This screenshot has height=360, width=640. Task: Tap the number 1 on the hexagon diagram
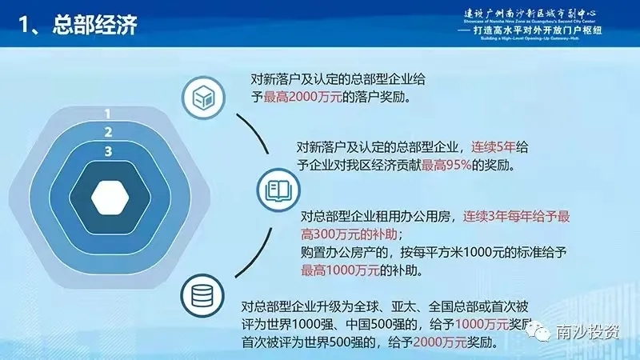[106, 114]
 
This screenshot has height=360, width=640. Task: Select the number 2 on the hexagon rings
[106, 132]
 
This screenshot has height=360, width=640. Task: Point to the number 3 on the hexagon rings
[106, 150]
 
